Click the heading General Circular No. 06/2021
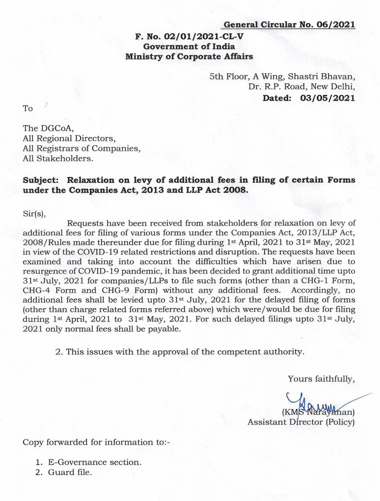(x=289, y=25)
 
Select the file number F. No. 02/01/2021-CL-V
(x=189, y=36)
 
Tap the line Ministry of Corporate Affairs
(x=189, y=56)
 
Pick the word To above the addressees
(x=28, y=108)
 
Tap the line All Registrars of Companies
(x=81, y=148)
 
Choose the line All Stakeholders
(x=58, y=159)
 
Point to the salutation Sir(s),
(x=37, y=213)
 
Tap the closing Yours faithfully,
(x=321, y=378)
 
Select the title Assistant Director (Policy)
(x=301, y=421)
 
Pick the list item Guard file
(x=69, y=473)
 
